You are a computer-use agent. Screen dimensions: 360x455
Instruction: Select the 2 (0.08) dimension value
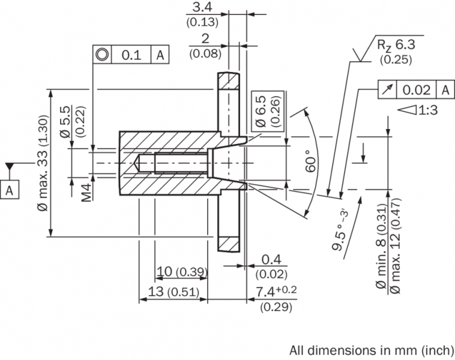coord(205,39)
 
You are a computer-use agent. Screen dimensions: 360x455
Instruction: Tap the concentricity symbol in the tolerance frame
coord(102,55)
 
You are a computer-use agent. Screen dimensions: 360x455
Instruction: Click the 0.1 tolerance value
coord(131,55)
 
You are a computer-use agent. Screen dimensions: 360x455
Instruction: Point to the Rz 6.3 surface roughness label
coord(396,45)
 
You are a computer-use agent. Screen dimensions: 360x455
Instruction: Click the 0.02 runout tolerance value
coord(417,89)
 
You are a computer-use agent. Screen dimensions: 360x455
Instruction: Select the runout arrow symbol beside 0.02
coord(387,89)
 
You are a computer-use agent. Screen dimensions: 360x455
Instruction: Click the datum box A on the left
coord(10,190)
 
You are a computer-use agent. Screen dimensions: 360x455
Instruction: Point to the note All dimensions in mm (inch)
coord(372,350)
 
